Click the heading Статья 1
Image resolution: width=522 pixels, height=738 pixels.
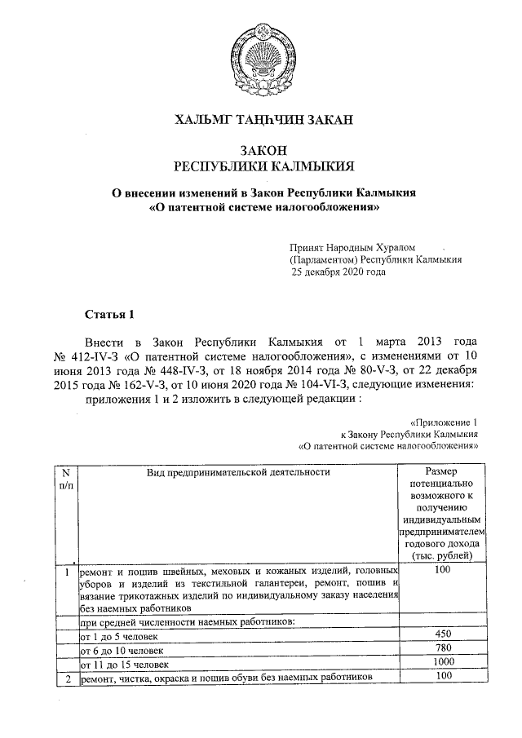[108, 315]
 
